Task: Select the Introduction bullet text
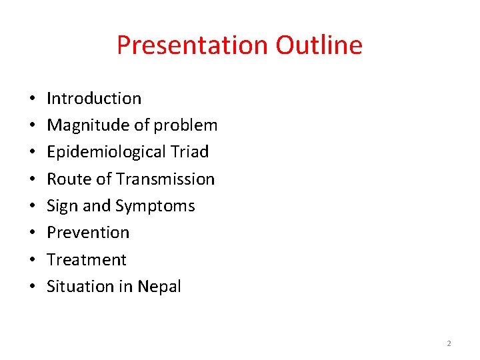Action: click(x=94, y=99)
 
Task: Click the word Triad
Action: click(x=190, y=152)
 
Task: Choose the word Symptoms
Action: click(x=155, y=206)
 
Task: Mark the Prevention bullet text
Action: click(x=88, y=233)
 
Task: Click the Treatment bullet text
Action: click(x=86, y=259)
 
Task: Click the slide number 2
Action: click(x=449, y=343)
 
